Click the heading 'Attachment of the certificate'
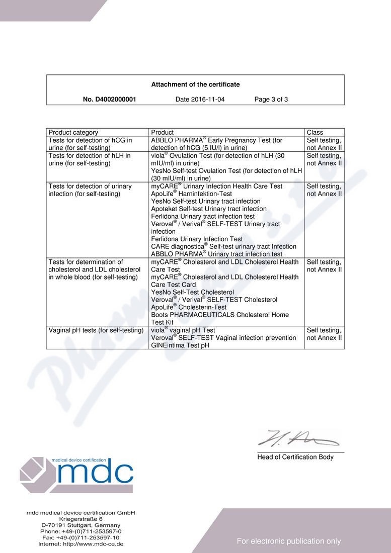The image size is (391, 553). [x=195, y=84]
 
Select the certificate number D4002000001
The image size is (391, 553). [x=109, y=100]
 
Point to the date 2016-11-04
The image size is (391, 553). [x=200, y=100]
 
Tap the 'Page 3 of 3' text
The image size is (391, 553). [x=271, y=100]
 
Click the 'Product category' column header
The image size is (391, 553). [x=73, y=133]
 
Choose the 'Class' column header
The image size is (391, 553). [x=315, y=133]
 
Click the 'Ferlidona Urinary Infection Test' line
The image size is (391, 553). [x=197, y=239]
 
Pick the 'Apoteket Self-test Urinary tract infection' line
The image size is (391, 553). [x=209, y=209]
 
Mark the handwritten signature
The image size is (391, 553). [x=297, y=439]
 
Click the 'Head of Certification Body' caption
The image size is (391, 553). [x=295, y=457]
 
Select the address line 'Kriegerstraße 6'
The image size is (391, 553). [x=81, y=518]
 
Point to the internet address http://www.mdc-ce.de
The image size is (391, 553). [x=81, y=544]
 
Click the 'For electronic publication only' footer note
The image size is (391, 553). [x=289, y=541]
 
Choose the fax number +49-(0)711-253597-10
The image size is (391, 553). [x=81, y=537]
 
